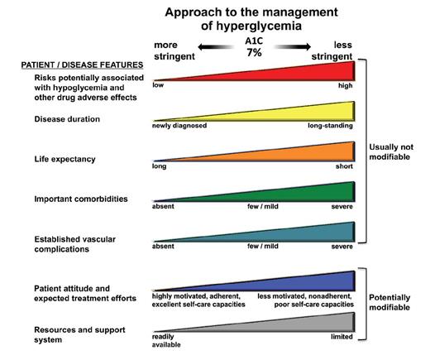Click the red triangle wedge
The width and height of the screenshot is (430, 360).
pos(314,72)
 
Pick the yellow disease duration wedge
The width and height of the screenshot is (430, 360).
pos(314,113)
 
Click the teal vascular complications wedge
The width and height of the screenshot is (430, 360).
pos(314,233)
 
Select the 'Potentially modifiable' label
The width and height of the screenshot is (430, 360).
pos(396,301)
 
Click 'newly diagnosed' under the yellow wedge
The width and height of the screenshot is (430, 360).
pos(179,126)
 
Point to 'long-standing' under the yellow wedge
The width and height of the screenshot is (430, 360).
pos(330,126)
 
